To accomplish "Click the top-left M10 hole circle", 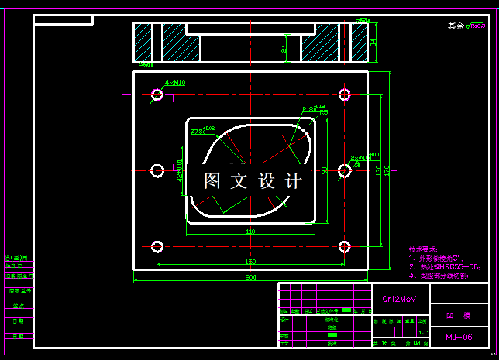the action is click(x=157, y=94).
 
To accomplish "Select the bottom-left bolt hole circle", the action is click(x=157, y=247).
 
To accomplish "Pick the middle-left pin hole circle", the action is click(x=157, y=170).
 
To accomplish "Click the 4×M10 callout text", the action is click(x=174, y=81).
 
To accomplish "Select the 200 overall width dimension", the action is click(x=250, y=276).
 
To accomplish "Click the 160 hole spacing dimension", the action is click(x=250, y=262).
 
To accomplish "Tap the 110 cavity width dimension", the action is click(x=250, y=231).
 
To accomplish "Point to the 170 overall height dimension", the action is click(x=387, y=170).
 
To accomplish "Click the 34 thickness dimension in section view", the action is click(x=373, y=42).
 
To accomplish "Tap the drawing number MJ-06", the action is click(x=459, y=338).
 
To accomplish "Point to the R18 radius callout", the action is click(x=311, y=110).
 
